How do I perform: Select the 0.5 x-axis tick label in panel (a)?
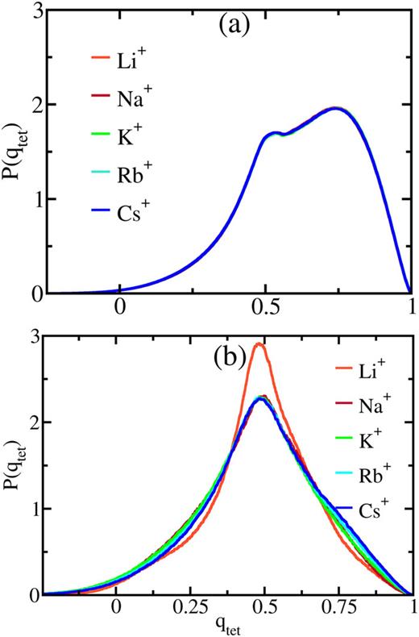coord(265,309)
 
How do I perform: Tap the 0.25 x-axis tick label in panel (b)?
coord(191,610)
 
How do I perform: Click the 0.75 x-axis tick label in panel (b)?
coord(339,610)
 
